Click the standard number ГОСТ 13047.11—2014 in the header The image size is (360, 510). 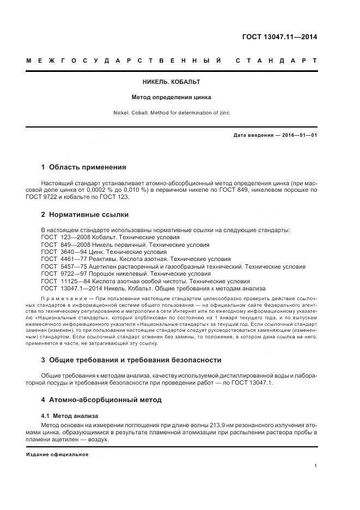pos(279,37)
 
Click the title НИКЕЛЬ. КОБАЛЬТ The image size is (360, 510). pos(172,82)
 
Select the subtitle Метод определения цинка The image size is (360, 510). pos(172,98)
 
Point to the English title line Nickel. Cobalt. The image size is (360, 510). pos(172,113)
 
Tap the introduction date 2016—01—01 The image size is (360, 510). pos(298,135)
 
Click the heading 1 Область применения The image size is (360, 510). pos(83,167)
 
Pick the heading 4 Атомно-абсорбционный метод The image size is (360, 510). pos(101,400)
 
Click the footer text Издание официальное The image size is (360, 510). pos(57,454)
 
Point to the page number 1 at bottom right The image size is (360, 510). pos(316,466)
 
